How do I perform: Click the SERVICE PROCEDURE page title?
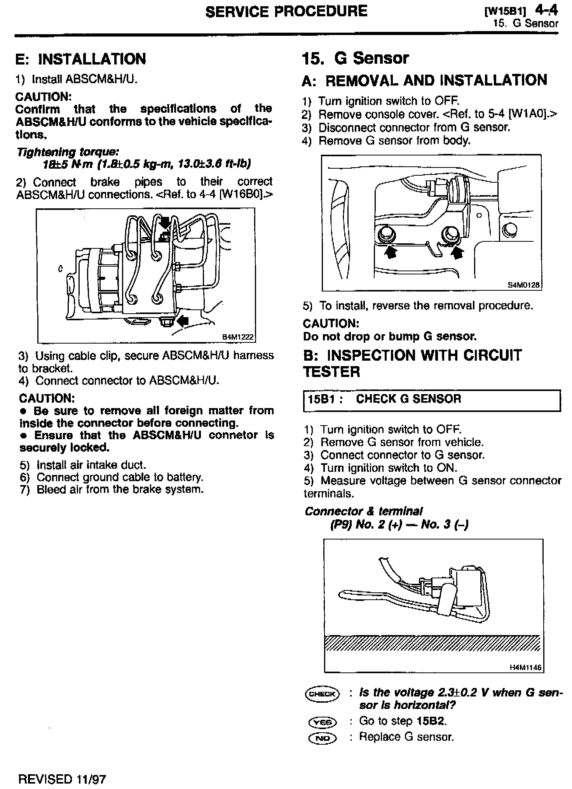[286, 11]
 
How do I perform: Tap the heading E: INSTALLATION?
[80, 59]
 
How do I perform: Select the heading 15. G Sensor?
[355, 58]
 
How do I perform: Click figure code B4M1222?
[238, 337]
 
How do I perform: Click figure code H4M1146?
[526, 667]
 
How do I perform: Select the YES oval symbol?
[322, 722]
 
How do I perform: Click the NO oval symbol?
[322, 738]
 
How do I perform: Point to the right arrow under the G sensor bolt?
[457, 253]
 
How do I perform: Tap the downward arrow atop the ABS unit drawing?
[166, 222]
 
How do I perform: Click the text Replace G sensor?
[406, 737]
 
